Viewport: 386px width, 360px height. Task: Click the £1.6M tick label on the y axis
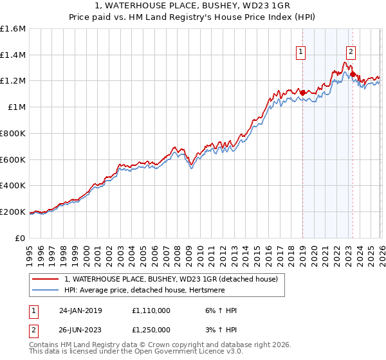(13, 29)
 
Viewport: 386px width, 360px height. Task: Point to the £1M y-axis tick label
(17, 107)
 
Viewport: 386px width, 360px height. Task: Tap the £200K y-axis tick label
(13, 212)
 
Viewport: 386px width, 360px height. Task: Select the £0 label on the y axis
(20, 238)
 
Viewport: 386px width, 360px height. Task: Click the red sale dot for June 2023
(353, 75)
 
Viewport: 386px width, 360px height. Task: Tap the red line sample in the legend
(46, 279)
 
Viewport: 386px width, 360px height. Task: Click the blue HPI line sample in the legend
(46, 291)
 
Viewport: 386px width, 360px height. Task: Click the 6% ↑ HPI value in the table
(218, 310)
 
